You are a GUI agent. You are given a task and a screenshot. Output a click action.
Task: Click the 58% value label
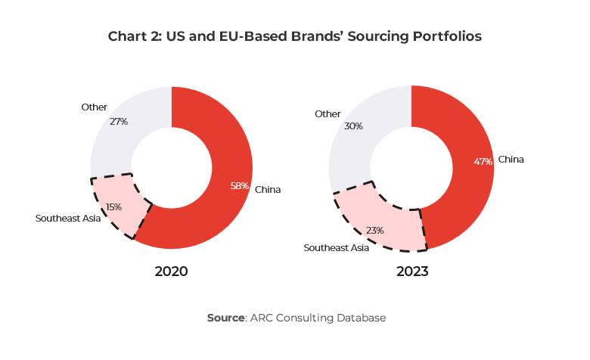[x=240, y=186]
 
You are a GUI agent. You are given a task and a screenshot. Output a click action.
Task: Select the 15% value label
[x=113, y=206]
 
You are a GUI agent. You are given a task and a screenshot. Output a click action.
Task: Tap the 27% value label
[x=119, y=121]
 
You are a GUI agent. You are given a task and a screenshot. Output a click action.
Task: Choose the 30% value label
[x=353, y=126]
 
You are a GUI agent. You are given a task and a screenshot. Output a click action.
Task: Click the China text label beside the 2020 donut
[x=268, y=189]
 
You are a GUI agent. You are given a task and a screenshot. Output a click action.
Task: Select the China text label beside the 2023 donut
[x=511, y=160]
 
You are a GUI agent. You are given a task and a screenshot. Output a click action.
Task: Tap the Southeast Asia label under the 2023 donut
[x=336, y=247]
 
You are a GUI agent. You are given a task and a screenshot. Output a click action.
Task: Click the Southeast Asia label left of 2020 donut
[x=68, y=218]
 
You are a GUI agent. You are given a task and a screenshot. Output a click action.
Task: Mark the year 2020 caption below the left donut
[x=171, y=272]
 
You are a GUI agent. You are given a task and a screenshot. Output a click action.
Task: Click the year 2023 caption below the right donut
[x=411, y=272]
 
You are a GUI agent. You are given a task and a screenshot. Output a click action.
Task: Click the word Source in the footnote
[x=225, y=318]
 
